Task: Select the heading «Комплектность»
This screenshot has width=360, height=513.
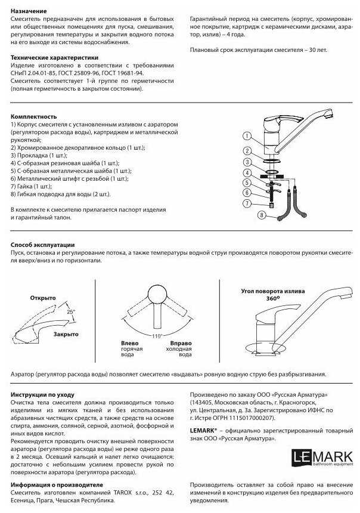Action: click(33, 116)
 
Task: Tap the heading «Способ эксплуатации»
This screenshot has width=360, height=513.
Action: click(42, 245)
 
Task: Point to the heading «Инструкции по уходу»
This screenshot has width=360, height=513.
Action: click(42, 395)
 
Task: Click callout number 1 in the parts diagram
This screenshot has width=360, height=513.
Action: click(247, 137)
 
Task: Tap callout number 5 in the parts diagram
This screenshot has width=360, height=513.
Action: click(247, 183)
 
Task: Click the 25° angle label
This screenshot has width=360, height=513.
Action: click(71, 311)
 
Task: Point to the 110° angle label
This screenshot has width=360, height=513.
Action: click(157, 336)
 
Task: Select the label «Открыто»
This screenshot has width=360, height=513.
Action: click(43, 298)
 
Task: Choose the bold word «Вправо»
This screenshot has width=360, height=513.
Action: click(181, 344)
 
